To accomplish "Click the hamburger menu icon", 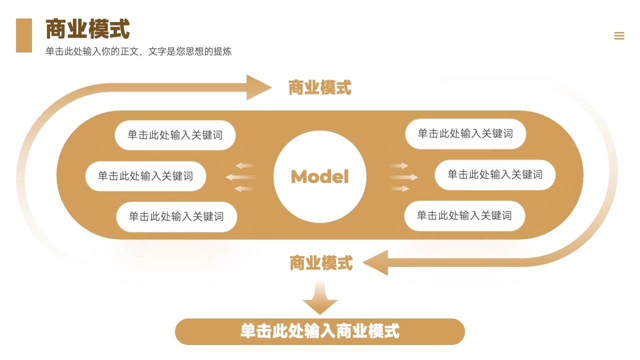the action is pos(619,35).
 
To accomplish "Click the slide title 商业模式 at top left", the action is pos(87,28).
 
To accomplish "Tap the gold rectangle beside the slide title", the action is pos(24,35).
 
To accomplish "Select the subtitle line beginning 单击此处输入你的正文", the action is pos(138,51).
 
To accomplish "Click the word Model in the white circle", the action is pos(319,176).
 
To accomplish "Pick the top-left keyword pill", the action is pos(175,135).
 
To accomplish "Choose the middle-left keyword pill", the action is pos(145,176).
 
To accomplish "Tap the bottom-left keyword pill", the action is pos(176,216).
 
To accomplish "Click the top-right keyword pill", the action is pos(465,133).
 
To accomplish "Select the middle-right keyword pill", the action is pos(495,174).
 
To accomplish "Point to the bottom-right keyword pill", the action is pos(464,215).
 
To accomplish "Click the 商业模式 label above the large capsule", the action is pos(319,87).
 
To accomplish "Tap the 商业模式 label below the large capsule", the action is pos(321,263).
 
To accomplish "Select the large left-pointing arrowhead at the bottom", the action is pos(375,262).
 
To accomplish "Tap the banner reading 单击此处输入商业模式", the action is pos(320,331).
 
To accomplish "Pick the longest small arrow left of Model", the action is pos(240,177).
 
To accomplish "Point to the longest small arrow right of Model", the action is pos(403,177).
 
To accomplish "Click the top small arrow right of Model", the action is pos(399,165).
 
